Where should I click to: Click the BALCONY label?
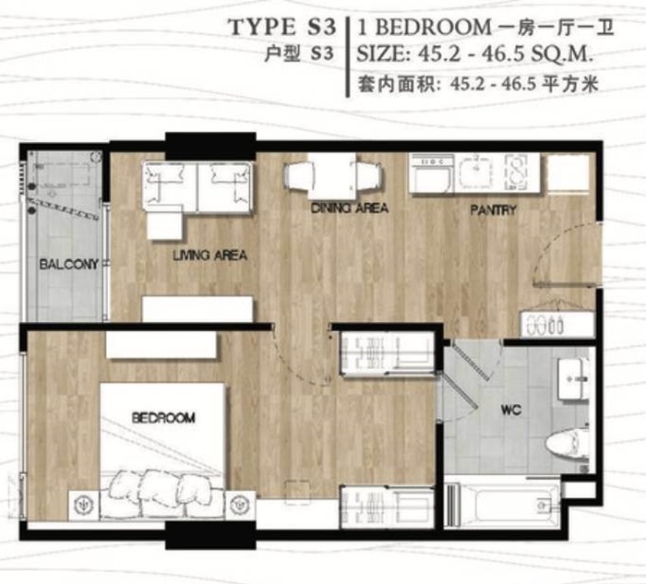[69, 264]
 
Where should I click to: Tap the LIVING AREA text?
[209, 256]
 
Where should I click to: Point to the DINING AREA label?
[350, 208]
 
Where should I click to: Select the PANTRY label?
[493, 210]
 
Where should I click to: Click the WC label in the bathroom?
[511, 410]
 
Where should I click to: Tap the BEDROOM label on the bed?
[163, 418]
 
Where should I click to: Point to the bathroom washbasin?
[573, 379]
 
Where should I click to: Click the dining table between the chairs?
[332, 176]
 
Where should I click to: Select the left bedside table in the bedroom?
[84, 504]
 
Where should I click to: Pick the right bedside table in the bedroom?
[240, 504]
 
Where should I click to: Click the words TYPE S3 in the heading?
[281, 28]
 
